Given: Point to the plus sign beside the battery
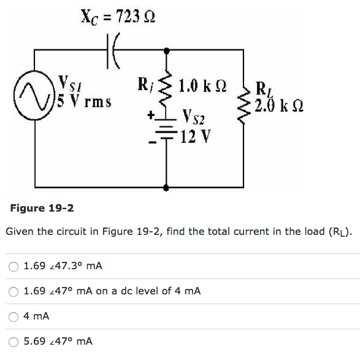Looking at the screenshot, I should (x=149, y=114).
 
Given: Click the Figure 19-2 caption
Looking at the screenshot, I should (x=42, y=208).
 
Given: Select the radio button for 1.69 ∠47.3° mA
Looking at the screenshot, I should (x=13, y=266).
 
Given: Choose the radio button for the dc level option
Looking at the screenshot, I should (x=13, y=291).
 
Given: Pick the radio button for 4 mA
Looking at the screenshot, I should (x=13, y=316).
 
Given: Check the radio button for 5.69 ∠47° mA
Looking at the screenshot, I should (x=13, y=341).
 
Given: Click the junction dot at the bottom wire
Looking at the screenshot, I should (x=166, y=188).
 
